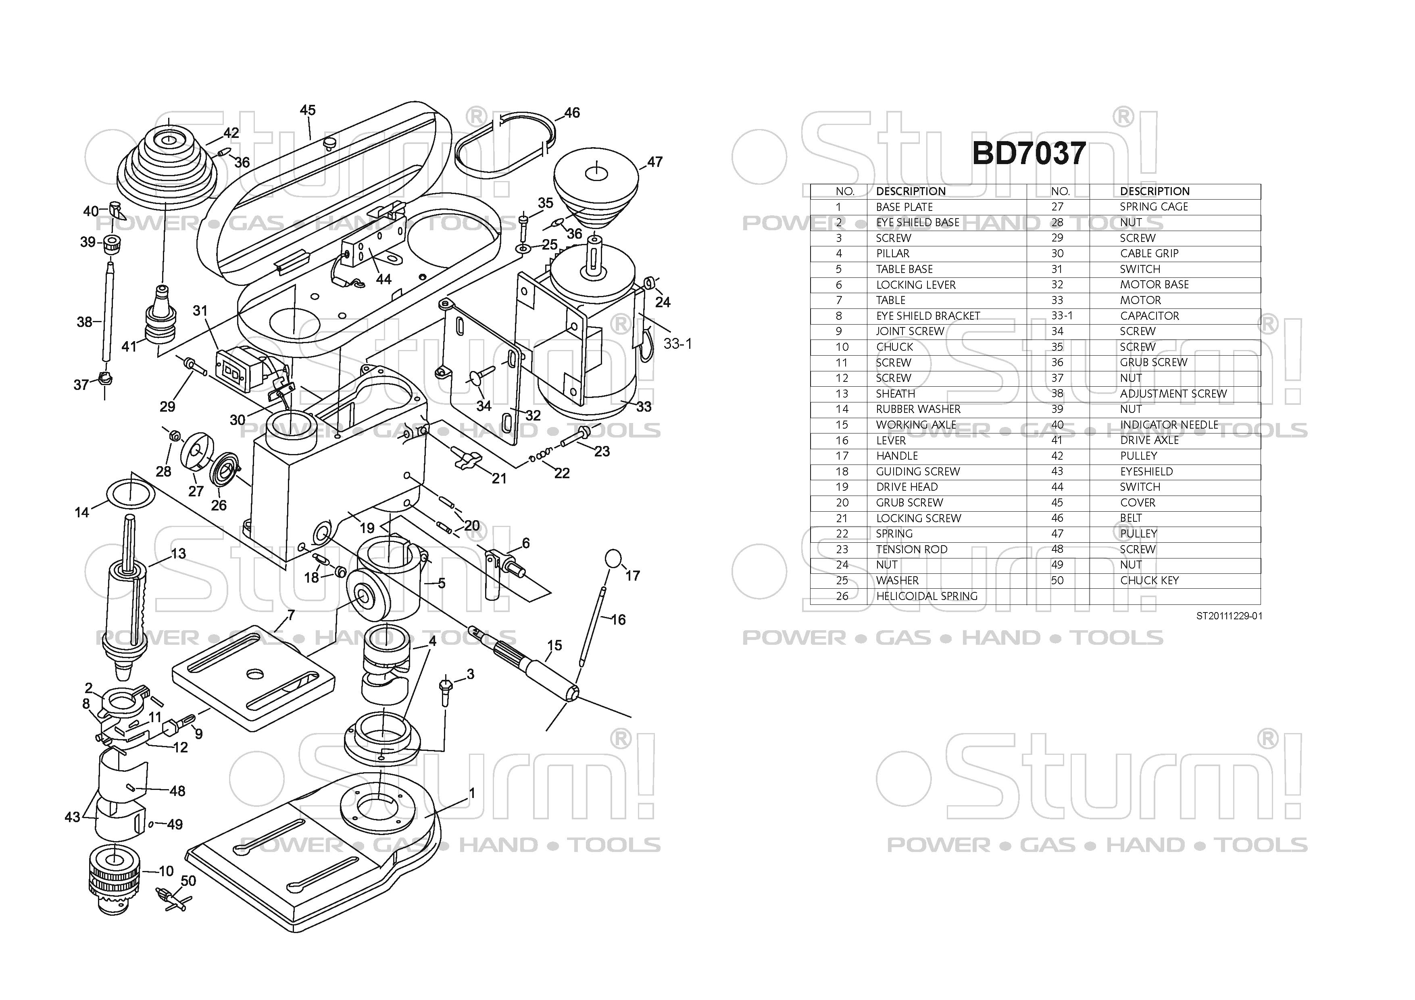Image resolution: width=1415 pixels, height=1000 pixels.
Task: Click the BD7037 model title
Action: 1029,153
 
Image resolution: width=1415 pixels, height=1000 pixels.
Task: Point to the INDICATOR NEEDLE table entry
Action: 1169,425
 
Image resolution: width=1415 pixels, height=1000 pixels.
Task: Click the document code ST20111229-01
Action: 1229,616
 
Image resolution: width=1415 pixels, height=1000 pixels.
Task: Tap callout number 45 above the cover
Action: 308,110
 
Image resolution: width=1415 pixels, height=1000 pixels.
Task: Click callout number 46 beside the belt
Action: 572,113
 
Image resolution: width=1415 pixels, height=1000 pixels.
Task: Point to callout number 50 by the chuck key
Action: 189,881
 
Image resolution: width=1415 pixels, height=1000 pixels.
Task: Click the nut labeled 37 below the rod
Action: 105,378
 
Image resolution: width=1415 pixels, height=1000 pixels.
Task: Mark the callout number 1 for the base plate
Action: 472,792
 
